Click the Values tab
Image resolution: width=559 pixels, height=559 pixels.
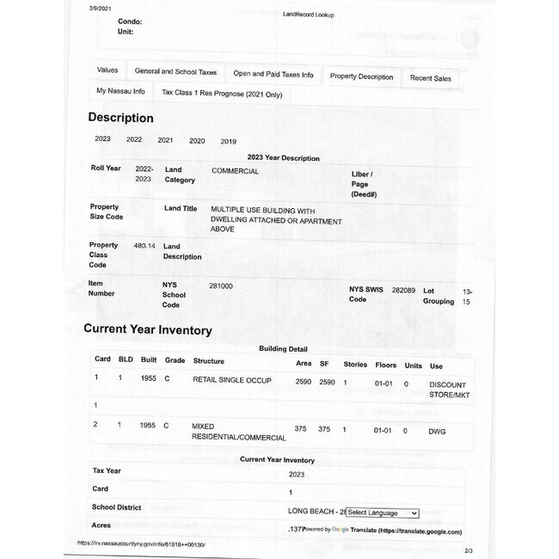[107, 70]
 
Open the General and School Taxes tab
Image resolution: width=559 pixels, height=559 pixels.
[175, 72]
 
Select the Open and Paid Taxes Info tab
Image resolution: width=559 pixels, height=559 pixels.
[273, 75]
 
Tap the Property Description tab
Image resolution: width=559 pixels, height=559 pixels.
[361, 77]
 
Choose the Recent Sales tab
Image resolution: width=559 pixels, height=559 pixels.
[430, 78]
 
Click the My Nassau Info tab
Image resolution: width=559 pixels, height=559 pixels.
[120, 90]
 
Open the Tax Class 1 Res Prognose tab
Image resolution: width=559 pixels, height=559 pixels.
[222, 93]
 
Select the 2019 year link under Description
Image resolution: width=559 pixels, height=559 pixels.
[228, 141]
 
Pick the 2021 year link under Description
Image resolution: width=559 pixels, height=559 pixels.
[165, 140]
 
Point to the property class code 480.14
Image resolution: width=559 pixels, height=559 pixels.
[144, 245]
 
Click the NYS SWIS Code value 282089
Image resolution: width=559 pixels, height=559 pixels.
[403, 291]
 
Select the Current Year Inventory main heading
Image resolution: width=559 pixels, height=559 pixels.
[147, 329]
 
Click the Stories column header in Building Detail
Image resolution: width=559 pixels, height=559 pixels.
[355, 365]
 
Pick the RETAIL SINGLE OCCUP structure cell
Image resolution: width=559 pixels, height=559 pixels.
[231, 379]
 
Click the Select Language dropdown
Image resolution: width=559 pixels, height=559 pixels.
[382, 513]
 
